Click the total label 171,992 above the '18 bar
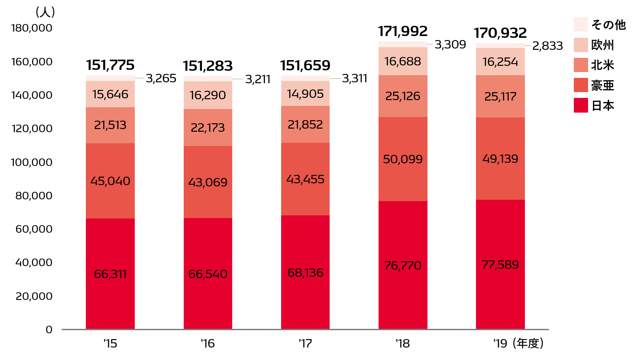(x=403, y=31)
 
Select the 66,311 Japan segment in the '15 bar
(x=110, y=274)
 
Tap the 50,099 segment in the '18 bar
(x=403, y=159)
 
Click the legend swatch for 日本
(x=581, y=106)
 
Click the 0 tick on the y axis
(x=48, y=330)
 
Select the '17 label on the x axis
(x=305, y=344)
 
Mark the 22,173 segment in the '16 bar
(x=208, y=128)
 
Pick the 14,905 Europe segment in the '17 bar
(x=305, y=94)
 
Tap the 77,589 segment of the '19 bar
(x=500, y=265)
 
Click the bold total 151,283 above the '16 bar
(x=208, y=66)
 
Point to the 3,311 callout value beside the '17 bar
(x=354, y=79)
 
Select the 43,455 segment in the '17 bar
(x=305, y=179)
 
